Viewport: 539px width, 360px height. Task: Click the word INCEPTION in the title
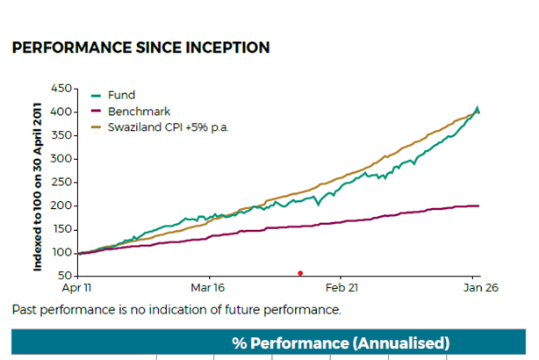pyautogui.click(x=227, y=47)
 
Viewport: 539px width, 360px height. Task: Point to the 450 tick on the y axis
pyautogui.click(x=61, y=89)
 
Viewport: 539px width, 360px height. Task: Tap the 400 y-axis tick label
pyautogui.click(x=61, y=112)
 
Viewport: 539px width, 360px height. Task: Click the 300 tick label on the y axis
pyautogui.click(x=61, y=159)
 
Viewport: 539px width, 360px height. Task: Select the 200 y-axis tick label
pyautogui.click(x=61, y=205)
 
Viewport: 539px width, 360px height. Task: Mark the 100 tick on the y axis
pyautogui.click(x=61, y=253)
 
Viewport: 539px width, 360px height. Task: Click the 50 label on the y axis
pyautogui.click(x=65, y=276)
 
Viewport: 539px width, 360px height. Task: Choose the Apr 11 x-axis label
pyautogui.click(x=76, y=287)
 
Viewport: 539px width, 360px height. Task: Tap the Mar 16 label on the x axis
pyautogui.click(x=208, y=287)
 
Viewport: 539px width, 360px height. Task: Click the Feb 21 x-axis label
pyautogui.click(x=341, y=287)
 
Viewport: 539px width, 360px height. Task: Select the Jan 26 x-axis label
pyautogui.click(x=480, y=287)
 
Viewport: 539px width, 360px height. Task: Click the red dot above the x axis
pyautogui.click(x=300, y=273)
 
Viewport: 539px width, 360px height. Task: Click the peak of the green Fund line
pyautogui.click(x=477, y=107)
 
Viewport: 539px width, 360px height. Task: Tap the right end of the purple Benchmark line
pyautogui.click(x=478, y=206)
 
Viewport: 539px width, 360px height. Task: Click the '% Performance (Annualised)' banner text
pyautogui.click(x=341, y=343)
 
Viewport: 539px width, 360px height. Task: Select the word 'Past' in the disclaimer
pyautogui.click(x=25, y=310)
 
